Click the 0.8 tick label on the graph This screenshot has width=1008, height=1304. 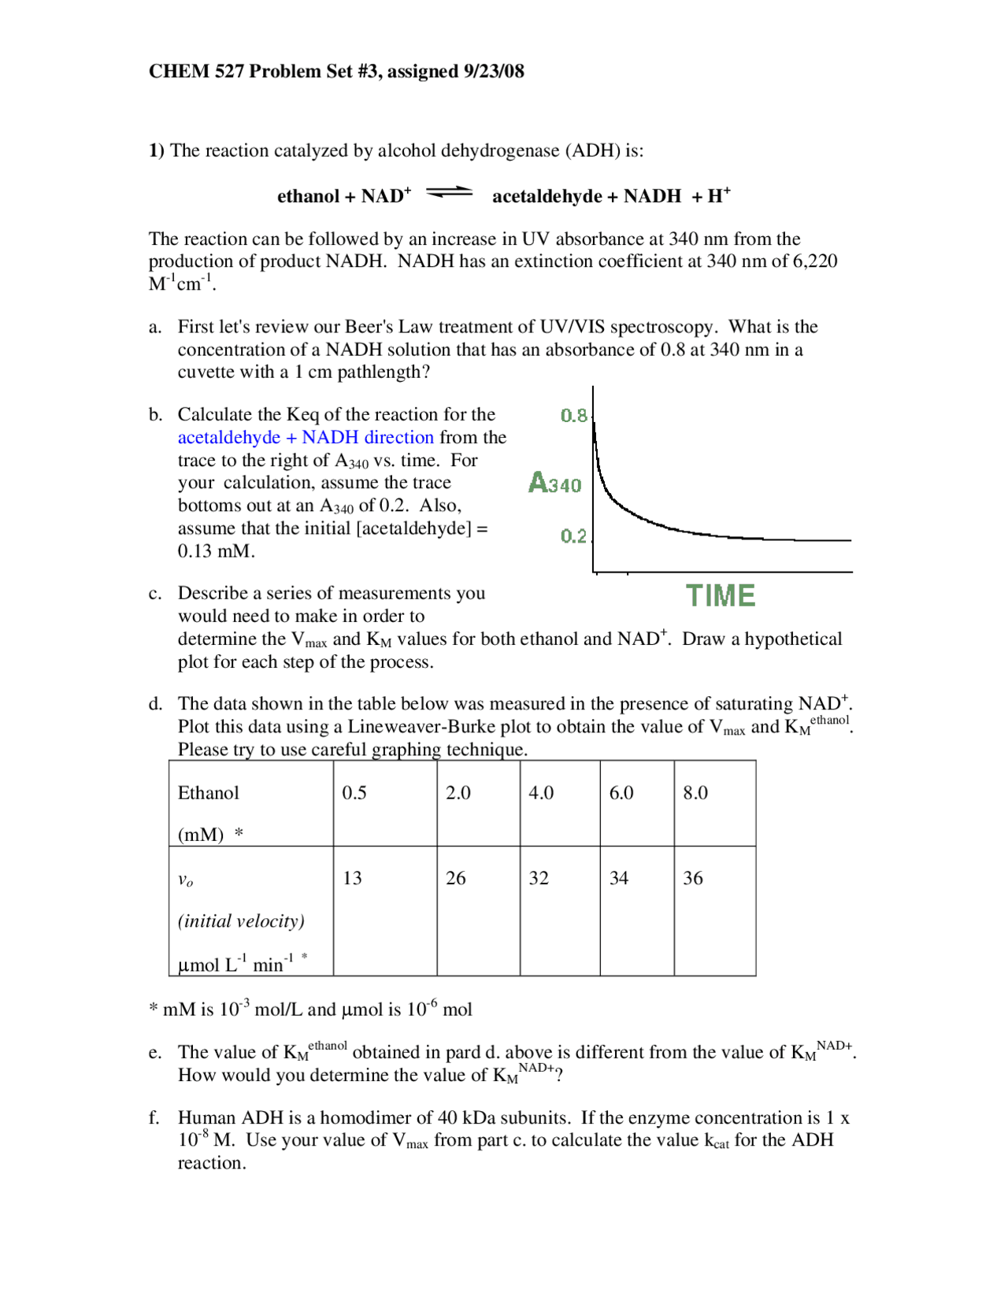[x=573, y=415]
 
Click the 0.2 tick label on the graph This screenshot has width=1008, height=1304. [x=573, y=536]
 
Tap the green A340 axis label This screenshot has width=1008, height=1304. [x=554, y=483]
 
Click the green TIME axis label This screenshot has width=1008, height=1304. [x=720, y=595]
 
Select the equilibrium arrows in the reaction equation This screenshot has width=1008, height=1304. [x=449, y=192]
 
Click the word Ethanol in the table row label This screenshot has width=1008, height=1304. [x=208, y=793]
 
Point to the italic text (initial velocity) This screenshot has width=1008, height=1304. [x=241, y=921]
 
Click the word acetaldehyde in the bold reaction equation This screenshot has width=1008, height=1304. [x=547, y=196]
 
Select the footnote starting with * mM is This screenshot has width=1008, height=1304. [x=310, y=1009]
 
